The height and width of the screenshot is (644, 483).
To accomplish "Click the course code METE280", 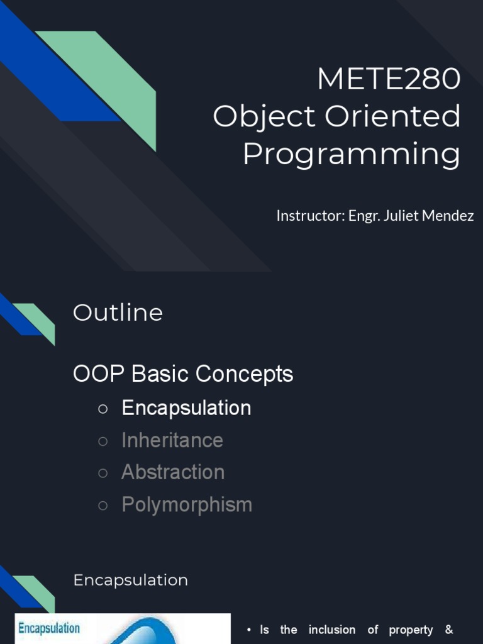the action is tap(389, 78).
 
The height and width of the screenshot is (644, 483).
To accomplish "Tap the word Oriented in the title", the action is tap(392, 116).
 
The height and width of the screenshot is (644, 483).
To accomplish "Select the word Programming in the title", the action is tap(352, 155).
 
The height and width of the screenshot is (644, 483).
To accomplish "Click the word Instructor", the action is tap(311, 215).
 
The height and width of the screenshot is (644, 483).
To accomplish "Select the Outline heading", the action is tap(118, 313).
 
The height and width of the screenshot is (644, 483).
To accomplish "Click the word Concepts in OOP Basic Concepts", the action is tap(244, 374).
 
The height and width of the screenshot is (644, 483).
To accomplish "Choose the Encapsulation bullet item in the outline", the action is tap(186, 408).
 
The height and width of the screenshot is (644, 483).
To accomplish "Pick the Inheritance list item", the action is tap(172, 440).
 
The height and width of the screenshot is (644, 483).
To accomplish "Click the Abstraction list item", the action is tap(173, 472).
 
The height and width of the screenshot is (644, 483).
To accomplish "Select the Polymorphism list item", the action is tap(187, 505).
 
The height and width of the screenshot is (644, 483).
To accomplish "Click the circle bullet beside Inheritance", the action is tap(103, 441).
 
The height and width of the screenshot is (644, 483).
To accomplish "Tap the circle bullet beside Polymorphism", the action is tap(103, 506).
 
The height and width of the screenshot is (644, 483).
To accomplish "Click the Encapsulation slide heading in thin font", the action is tap(131, 580).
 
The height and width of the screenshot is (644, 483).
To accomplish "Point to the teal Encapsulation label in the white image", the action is tap(49, 628).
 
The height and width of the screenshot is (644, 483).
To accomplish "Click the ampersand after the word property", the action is tap(449, 630).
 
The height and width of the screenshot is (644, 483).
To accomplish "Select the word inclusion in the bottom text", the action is tap(332, 630).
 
